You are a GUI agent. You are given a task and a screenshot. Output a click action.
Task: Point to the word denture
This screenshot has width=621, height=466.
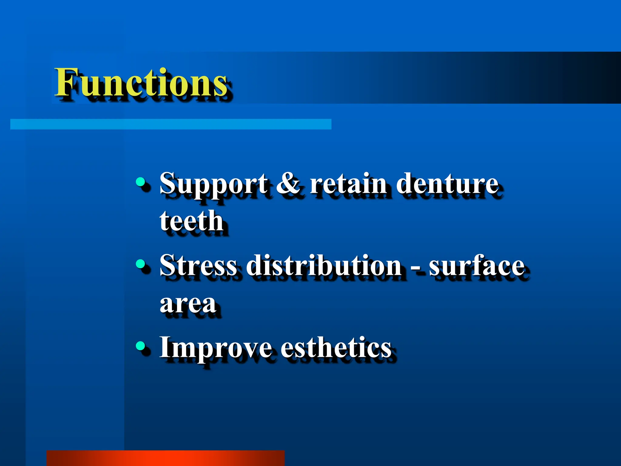pyautogui.click(x=447, y=183)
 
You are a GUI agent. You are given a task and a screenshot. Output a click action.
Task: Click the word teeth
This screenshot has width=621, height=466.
pyautogui.click(x=192, y=221)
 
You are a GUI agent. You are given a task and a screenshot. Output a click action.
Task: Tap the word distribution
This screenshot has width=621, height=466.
pyautogui.click(x=324, y=265)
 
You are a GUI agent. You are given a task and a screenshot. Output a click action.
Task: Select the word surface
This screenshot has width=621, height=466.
pyautogui.click(x=477, y=265)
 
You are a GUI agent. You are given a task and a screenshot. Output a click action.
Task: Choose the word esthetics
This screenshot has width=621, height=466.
pyautogui.click(x=336, y=347)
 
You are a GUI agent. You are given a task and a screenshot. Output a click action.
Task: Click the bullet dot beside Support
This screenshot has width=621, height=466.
pyautogui.click(x=140, y=182)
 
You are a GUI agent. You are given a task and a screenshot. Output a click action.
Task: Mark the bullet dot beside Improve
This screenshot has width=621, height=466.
pyautogui.click(x=140, y=345)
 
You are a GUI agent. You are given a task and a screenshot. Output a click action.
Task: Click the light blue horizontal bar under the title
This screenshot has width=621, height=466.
pyautogui.click(x=171, y=124)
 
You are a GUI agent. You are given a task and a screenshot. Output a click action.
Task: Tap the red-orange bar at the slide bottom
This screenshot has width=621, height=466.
pyautogui.click(x=166, y=458)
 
